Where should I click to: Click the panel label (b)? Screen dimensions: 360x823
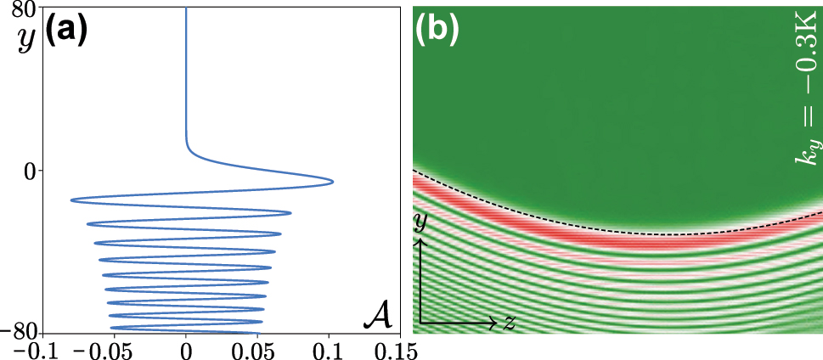point(437,30)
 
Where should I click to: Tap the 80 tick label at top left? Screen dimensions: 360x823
point(25,9)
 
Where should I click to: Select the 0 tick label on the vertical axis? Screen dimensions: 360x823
point(31,171)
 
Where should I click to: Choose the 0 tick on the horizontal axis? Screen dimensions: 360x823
point(186,349)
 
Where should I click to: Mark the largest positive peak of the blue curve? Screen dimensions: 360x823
point(333,182)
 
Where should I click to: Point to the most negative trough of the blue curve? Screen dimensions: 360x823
point(71,200)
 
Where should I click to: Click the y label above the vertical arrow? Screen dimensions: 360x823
point(420,223)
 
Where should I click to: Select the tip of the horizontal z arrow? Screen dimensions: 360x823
point(498,323)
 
